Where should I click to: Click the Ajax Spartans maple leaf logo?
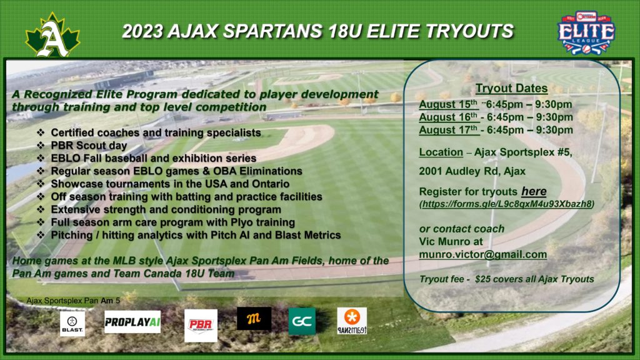point(52,35)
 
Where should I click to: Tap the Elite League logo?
point(586,32)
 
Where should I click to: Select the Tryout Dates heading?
point(511,88)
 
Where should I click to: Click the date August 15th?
point(448,104)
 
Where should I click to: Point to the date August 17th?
point(448,130)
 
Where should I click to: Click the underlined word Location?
point(441,152)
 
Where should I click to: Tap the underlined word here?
point(534,191)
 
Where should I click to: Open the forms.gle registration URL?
point(507,204)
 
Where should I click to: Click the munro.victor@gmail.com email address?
point(483,254)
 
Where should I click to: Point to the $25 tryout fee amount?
point(483,279)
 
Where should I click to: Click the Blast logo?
point(72,324)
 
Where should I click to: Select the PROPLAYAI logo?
point(132,322)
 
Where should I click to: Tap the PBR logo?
point(201,325)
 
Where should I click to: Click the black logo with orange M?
point(254,318)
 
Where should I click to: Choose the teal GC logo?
point(302,321)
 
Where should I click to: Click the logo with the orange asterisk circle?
point(352,321)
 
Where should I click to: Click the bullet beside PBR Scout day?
point(41,145)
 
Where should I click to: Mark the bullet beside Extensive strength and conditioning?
point(41,209)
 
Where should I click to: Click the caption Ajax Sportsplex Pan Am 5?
point(73,301)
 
